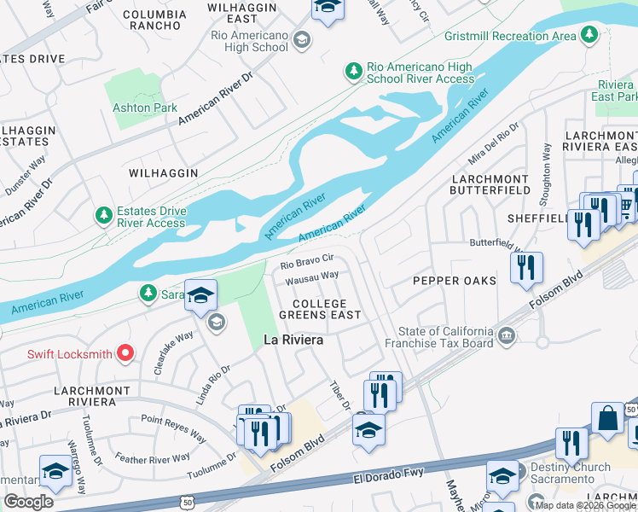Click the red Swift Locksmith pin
coord(125,352)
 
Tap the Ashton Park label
coord(146,108)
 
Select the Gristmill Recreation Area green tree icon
coord(588,34)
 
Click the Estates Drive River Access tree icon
coord(104,214)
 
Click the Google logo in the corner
coord(28,502)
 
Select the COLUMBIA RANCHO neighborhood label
coord(154,20)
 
